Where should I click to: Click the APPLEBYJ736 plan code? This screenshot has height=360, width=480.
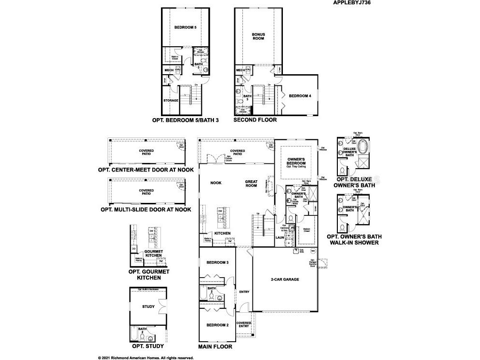pyautogui.click(x=351, y=2)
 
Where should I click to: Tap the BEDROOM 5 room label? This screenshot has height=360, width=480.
pyautogui.click(x=185, y=28)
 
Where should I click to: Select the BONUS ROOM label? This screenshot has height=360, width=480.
pyautogui.click(x=258, y=36)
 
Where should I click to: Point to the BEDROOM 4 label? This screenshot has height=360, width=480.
pyautogui.click(x=300, y=96)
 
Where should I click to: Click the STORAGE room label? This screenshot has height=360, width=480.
pyautogui.click(x=171, y=100)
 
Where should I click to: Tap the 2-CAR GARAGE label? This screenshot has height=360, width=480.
pyautogui.click(x=285, y=279)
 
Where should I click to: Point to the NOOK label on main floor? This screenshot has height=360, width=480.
pyautogui.click(x=215, y=183)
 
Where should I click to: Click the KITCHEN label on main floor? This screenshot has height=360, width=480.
pyautogui.click(x=222, y=233)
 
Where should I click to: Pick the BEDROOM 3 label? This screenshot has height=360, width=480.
pyautogui.click(x=217, y=263)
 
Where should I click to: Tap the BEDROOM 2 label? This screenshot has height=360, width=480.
pyautogui.click(x=217, y=325)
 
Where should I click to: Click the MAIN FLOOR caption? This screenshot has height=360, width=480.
pyautogui.click(x=215, y=347)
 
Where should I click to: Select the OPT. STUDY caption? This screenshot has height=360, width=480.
pyautogui.click(x=148, y=346)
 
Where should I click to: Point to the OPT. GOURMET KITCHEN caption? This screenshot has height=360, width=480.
pyautogui.click(x=148, y=275)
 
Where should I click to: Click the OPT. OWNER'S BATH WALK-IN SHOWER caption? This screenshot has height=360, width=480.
pyautogui.click(x=352, y=240)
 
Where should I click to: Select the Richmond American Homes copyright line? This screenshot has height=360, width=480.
pyautogui.click(x=146, y=358)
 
